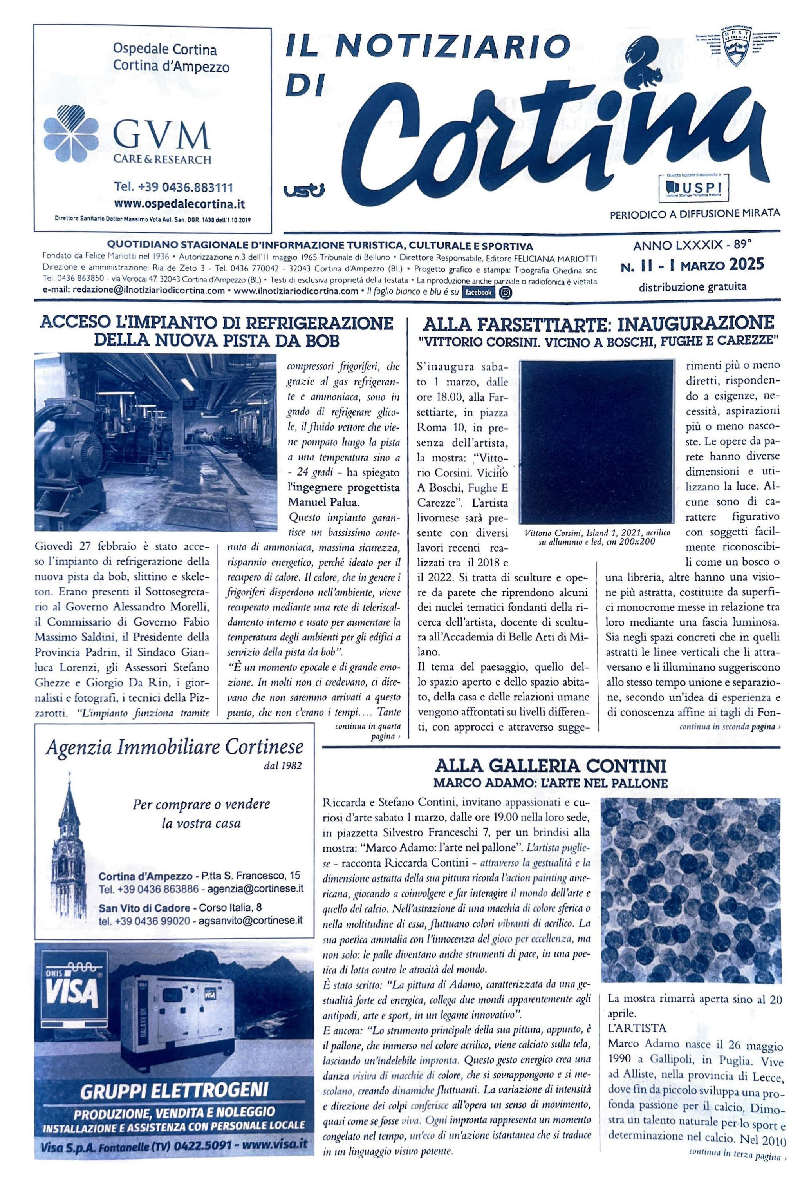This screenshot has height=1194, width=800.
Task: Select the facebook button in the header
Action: point(478,292)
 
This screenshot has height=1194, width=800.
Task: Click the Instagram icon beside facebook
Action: point(505,292)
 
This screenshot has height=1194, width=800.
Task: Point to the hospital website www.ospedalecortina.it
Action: point(179,204)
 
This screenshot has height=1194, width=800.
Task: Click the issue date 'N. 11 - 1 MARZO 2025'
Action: point(692,264)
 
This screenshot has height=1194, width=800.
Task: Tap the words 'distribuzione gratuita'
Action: point(692,287)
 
